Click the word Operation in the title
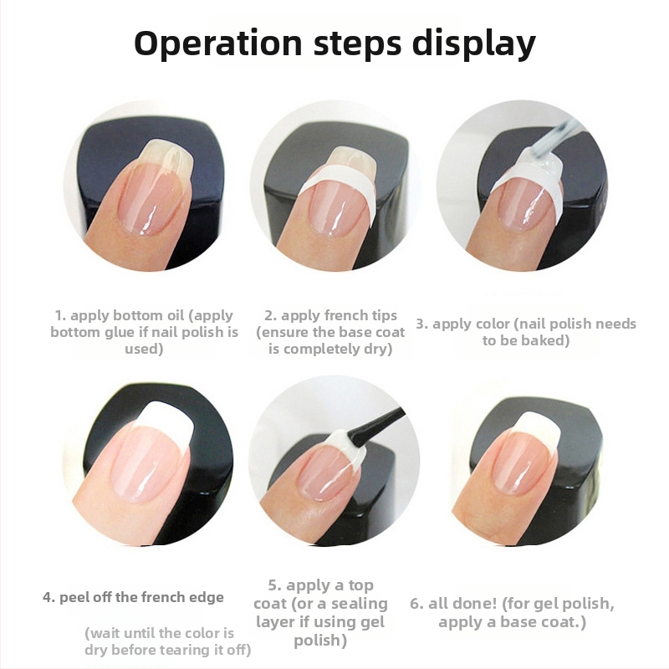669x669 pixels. point(218,43)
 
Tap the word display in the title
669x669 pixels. point(473,43)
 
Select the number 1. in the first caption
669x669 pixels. point(60,316)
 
